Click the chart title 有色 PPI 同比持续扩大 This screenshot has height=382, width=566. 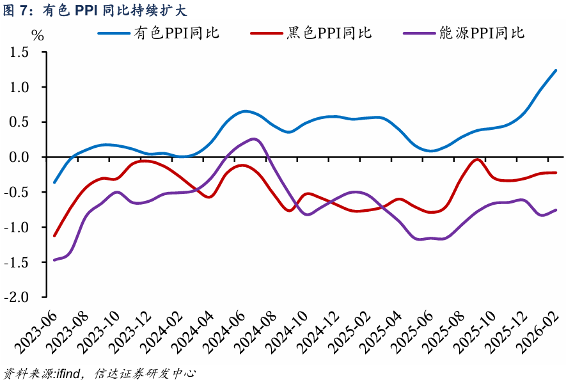(96, 10)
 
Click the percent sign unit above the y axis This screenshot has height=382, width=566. (38, 35)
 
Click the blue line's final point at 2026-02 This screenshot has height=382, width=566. (556, 70)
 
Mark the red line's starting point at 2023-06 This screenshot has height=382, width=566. (54, 235)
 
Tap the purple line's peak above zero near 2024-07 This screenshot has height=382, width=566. (254, 139)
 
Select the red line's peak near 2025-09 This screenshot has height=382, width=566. (477, 159)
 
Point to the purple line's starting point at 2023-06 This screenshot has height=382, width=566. (54, 260)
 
